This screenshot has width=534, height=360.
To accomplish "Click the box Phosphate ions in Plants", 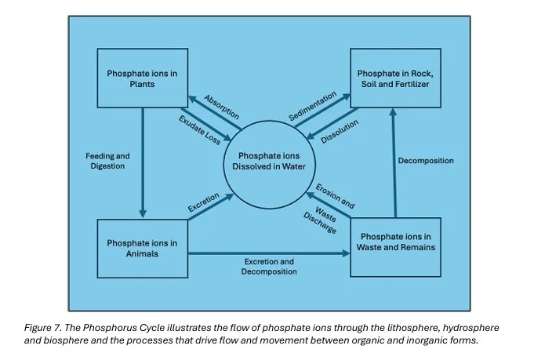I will [x=143, y=78].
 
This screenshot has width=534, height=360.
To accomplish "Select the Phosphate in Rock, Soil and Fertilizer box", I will [x=395, y=78].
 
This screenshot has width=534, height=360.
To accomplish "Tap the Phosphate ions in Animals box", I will [x=143, y=248].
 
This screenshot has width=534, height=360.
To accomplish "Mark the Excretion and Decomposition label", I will [x=269, y=266].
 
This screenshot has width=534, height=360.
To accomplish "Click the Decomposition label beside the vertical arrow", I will [x=426, y=161].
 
